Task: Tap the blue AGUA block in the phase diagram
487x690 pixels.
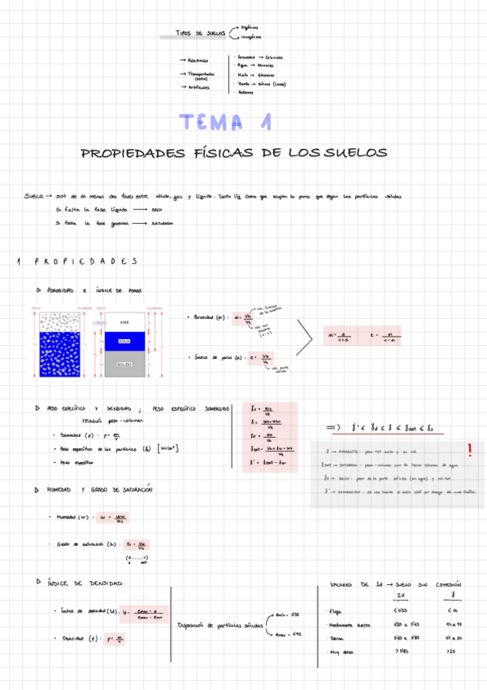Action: [124, 342]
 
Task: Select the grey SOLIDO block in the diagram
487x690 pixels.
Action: [124, 365]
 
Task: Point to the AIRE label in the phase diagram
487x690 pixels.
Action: [124, 321]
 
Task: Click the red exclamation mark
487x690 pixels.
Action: [469, 450]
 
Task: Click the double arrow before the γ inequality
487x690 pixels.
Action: [332, 427]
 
